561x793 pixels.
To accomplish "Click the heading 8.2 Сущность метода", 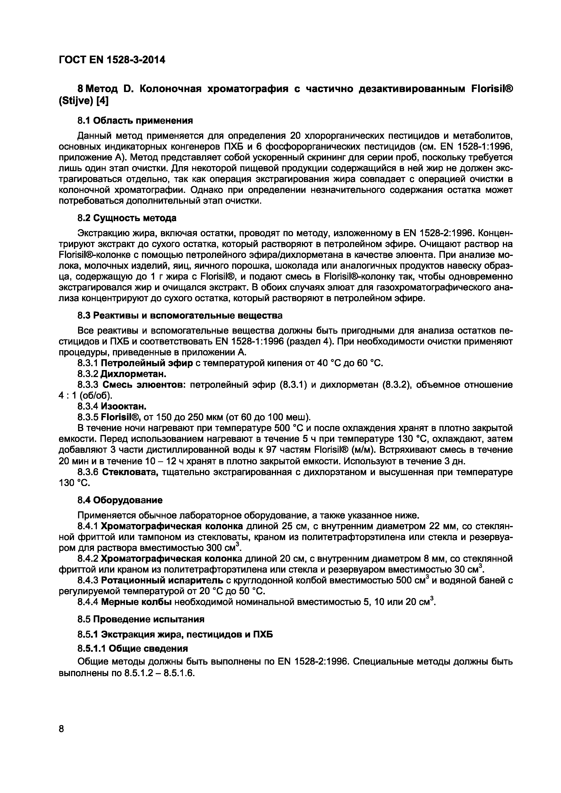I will click(127, 218).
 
